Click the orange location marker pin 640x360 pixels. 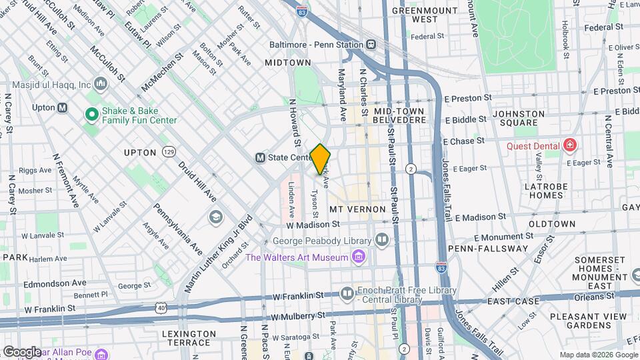coord(320,158)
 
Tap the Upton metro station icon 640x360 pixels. coord(62,107)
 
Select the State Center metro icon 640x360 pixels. coord(261,158)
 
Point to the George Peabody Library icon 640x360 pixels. coord(381,239)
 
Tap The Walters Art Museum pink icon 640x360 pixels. coord(359,257)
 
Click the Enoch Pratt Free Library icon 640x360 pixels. coord(347,293)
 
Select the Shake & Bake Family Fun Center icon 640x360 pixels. coord(91,115)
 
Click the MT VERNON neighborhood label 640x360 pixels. coord(358,209)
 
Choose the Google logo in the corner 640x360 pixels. coord(22,351)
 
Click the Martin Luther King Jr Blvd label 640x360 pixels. coord(218,253)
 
